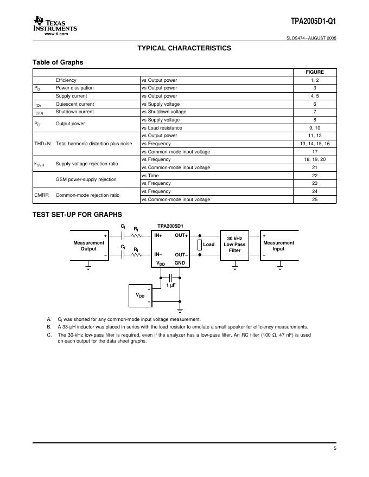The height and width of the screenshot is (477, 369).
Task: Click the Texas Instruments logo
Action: [55, 24]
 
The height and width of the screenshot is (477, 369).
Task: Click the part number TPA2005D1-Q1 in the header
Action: [313, 22]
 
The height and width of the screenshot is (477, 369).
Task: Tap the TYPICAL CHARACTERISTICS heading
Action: [184, 48]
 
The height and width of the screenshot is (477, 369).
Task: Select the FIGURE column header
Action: [315, 72]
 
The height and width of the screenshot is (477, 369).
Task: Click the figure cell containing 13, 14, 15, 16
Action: [315, 144]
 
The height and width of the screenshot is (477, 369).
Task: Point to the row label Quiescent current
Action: [75, 104]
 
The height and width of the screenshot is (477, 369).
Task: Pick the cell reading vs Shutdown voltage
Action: [164, 112]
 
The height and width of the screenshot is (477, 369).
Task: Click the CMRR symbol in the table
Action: [42, 195]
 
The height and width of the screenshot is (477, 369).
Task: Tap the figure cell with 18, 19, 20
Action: [315, 160]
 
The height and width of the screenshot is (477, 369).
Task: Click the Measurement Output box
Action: [89, 246]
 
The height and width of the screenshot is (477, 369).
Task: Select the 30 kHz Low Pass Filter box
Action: [234, 245]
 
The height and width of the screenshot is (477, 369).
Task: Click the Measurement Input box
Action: [279, 246]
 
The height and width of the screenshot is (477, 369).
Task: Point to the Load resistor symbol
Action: [200, 244]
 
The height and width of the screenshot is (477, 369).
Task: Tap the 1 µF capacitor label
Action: [171, 285]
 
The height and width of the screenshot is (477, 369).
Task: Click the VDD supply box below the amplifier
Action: [141, 296]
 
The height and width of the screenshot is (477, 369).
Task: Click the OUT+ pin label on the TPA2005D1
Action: [181, 236]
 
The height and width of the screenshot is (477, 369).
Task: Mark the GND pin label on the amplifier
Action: [180, 263]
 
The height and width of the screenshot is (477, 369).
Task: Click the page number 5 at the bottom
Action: [335, 449]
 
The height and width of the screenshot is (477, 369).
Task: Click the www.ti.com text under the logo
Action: [56, 34]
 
